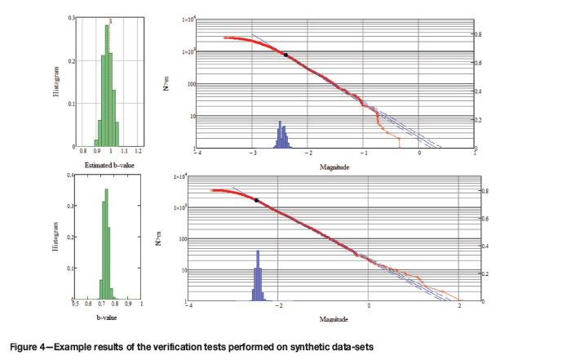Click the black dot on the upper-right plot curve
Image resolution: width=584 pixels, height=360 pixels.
tap(285, 54)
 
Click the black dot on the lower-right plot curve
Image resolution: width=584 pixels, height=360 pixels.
tap(256, 199)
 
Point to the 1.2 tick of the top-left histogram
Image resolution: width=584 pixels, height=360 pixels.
tap(139, 152)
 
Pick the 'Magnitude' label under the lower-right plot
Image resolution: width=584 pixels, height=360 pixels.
tap(324, 315)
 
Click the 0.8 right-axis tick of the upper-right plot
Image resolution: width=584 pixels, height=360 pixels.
tap(479, 34)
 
